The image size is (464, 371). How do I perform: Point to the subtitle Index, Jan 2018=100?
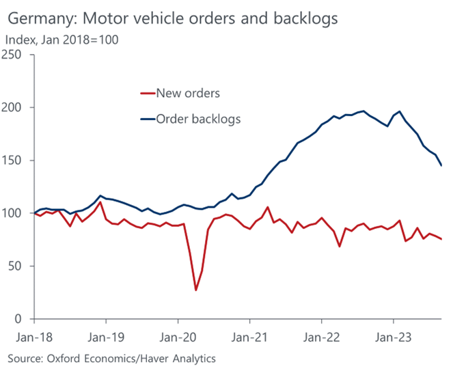tap(62, 40)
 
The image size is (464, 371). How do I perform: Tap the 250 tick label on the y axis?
tap(15, 55)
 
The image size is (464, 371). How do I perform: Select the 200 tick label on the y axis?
tap(15, 108)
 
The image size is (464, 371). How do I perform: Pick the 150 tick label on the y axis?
tap(15, 161)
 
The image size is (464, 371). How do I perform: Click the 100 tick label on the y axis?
tap(15, 213)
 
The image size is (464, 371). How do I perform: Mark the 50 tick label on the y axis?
tap(18, 266)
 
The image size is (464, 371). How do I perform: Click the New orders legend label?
tap(188, 93)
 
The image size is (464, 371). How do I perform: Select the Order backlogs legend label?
tap(198, 119)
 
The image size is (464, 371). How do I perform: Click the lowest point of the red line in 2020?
tap(196, 290)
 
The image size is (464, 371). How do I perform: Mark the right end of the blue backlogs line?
tap(441, 165)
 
